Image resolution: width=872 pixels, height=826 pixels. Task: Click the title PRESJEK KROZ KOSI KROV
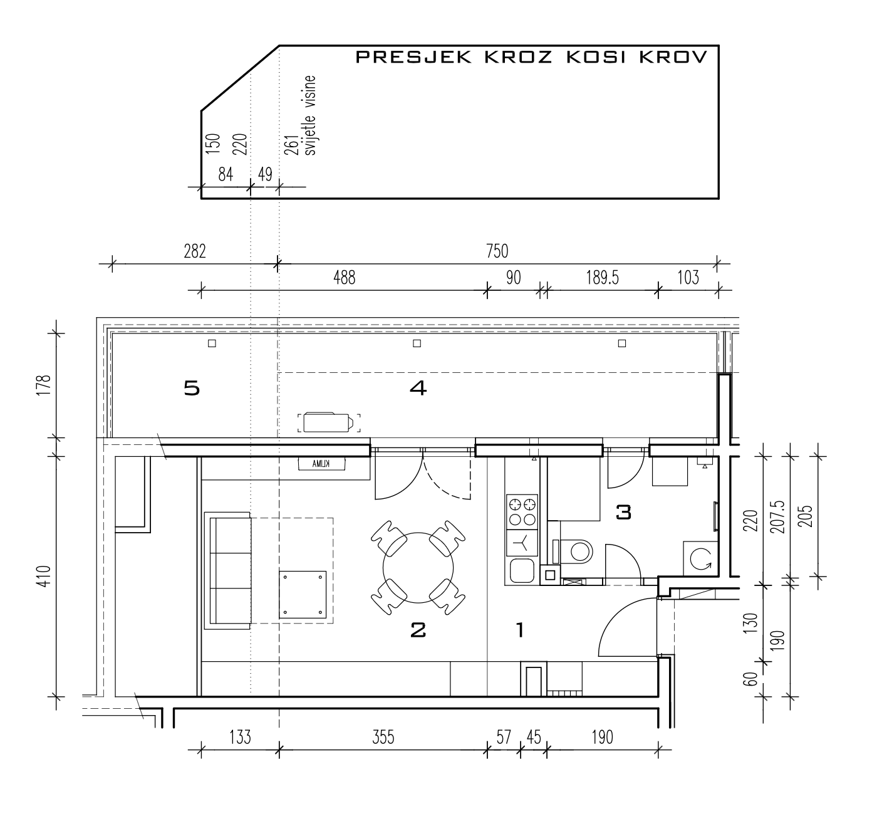click(x=531, y=57)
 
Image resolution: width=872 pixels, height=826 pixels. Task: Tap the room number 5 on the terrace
click(x=192, y=389)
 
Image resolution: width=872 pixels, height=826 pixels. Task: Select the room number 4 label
click(x=418, y=389)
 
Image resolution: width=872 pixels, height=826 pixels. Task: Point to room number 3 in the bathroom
click(x=623, y=513)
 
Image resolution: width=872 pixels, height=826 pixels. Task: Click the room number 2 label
click(x=418, y=630)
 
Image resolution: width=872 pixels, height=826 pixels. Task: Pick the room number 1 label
click(x=521, y=630)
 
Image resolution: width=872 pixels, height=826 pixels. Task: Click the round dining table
click(x=418, y=568)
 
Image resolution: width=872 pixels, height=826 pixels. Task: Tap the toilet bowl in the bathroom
click(x=576, y=552)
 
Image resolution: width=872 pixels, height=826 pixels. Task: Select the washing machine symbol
click(x=700, y=559)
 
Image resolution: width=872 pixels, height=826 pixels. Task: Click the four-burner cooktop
click(x=522, y=512)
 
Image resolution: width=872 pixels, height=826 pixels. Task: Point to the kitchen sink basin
click(x=522, y=570)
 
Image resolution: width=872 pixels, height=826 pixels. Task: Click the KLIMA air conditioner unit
click(x=321, y=464)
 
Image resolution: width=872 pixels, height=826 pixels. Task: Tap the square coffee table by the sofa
click(x=303, y=595)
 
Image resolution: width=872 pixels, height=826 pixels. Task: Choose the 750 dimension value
click(x=497, y=251)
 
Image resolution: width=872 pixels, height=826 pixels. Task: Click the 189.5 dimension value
click(x=602, y=278)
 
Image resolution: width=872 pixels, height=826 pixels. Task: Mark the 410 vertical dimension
click(x=45, y=577)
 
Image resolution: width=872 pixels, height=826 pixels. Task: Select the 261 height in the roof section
click(x=291, y=145)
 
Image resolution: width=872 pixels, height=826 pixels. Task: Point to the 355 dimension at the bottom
click(x=383, y=738)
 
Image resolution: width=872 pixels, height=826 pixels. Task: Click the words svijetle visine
click(x=310, y=115)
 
